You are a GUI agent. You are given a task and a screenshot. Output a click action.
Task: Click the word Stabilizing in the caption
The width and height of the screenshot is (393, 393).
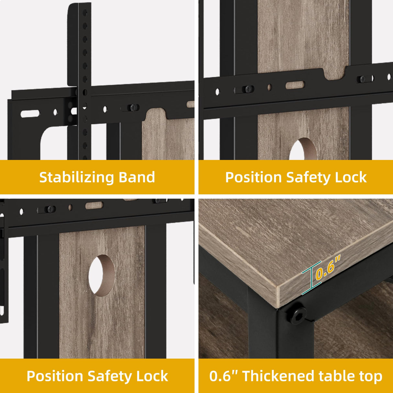click(76, 177)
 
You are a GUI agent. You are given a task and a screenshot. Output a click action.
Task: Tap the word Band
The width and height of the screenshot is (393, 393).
click(137, 177)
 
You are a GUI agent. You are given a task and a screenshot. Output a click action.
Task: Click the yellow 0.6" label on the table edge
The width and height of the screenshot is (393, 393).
click(328, 268)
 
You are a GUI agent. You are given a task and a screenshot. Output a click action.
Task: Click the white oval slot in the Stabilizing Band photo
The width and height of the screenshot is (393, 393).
click(30, 114)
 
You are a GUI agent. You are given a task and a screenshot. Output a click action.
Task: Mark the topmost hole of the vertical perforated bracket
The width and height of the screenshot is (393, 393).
click(85, 13)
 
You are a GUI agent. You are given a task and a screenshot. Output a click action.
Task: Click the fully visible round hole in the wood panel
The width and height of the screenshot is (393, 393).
click(102, 275)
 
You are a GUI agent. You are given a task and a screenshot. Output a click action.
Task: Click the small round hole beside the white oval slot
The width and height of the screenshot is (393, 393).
click(55, 112)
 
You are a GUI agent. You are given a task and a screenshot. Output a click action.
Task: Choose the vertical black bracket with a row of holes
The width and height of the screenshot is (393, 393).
click(84, 82)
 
